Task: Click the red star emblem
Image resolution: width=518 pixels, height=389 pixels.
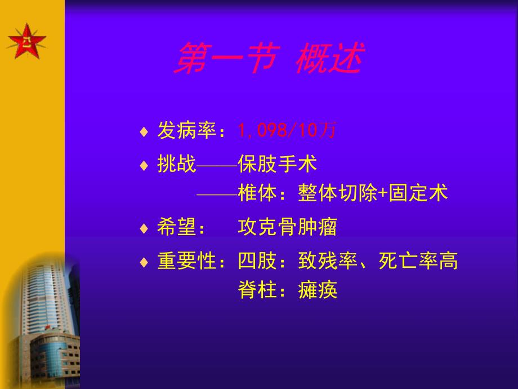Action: tap(26, 41)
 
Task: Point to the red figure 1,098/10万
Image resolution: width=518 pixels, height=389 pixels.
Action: tap(287, 131)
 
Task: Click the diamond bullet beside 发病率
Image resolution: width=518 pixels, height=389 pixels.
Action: tap(144, 132)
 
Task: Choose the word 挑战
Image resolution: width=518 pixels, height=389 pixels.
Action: tap(176, 164)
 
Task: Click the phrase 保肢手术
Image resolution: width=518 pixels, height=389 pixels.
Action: tap(278, 164)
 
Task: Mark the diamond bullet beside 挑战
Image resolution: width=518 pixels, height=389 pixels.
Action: tap(144, 165)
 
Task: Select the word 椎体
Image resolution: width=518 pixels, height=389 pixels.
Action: tap(257, 193)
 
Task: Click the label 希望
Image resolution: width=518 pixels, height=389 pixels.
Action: tap(176, 228)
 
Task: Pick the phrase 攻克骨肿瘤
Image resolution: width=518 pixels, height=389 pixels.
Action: tap(288, 228)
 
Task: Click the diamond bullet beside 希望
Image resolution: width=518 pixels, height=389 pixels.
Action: tap(144, 228)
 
